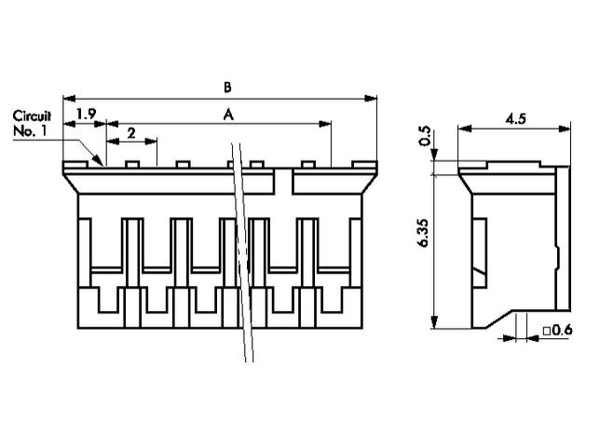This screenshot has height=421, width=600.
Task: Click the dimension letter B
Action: pos(227,87)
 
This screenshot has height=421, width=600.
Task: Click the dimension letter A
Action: pos(227,114)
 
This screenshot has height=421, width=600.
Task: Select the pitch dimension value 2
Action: pos(130,133)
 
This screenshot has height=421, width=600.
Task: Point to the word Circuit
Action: pos(31,116)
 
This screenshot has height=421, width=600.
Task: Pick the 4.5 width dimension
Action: pos(516,118)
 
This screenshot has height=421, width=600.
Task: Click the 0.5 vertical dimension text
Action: pos(427,136)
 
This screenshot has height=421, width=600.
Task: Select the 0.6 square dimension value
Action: pos(563,330)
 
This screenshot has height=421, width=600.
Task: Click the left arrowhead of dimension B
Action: pos(67,97)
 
